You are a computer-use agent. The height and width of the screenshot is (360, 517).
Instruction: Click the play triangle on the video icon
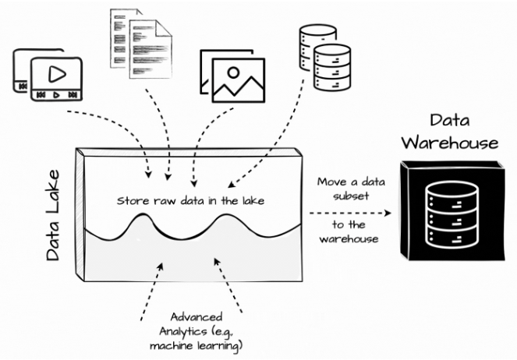pyautogui.click(x=56, y=75)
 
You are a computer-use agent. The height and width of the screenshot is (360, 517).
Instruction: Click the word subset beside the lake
pyautogui.click(x=348, y=196)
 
